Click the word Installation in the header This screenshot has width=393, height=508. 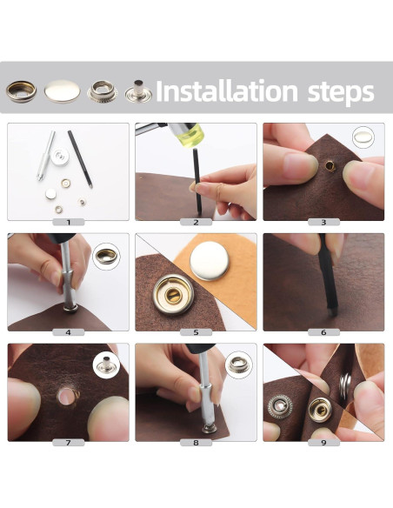point(226,91)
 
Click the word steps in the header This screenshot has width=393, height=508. point(341,93)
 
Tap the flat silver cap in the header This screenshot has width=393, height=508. point(62,91)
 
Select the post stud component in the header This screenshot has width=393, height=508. point(138,91)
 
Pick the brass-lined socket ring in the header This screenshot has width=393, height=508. point(21,91)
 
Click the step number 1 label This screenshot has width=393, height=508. point(69,223)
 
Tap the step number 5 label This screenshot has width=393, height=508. point(196,332)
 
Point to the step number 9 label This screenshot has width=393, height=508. point(323,443)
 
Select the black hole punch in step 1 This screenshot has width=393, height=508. point(80,159)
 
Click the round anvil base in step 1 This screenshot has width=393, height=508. point(60,157)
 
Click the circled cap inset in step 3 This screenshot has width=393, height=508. point(363,137)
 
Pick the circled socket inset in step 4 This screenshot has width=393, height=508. point(106,257)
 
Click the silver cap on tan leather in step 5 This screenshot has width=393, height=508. point(210,261)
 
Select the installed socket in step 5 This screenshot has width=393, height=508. point(173,295)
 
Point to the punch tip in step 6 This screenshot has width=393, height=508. point(330,312)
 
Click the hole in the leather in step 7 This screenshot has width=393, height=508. point(67,396)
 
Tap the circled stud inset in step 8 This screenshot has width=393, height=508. point(238,364)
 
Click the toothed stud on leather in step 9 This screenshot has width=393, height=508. point(280,406)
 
